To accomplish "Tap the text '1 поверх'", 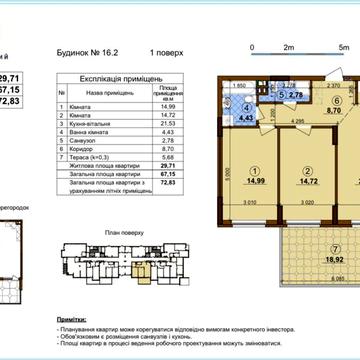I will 165,47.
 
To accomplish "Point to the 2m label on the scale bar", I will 287,47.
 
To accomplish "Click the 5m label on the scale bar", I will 341,47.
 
